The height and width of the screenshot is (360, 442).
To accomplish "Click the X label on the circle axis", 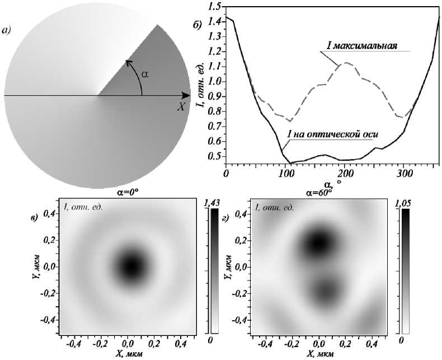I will point(181,107).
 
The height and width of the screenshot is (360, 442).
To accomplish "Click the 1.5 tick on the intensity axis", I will point(215,7).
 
